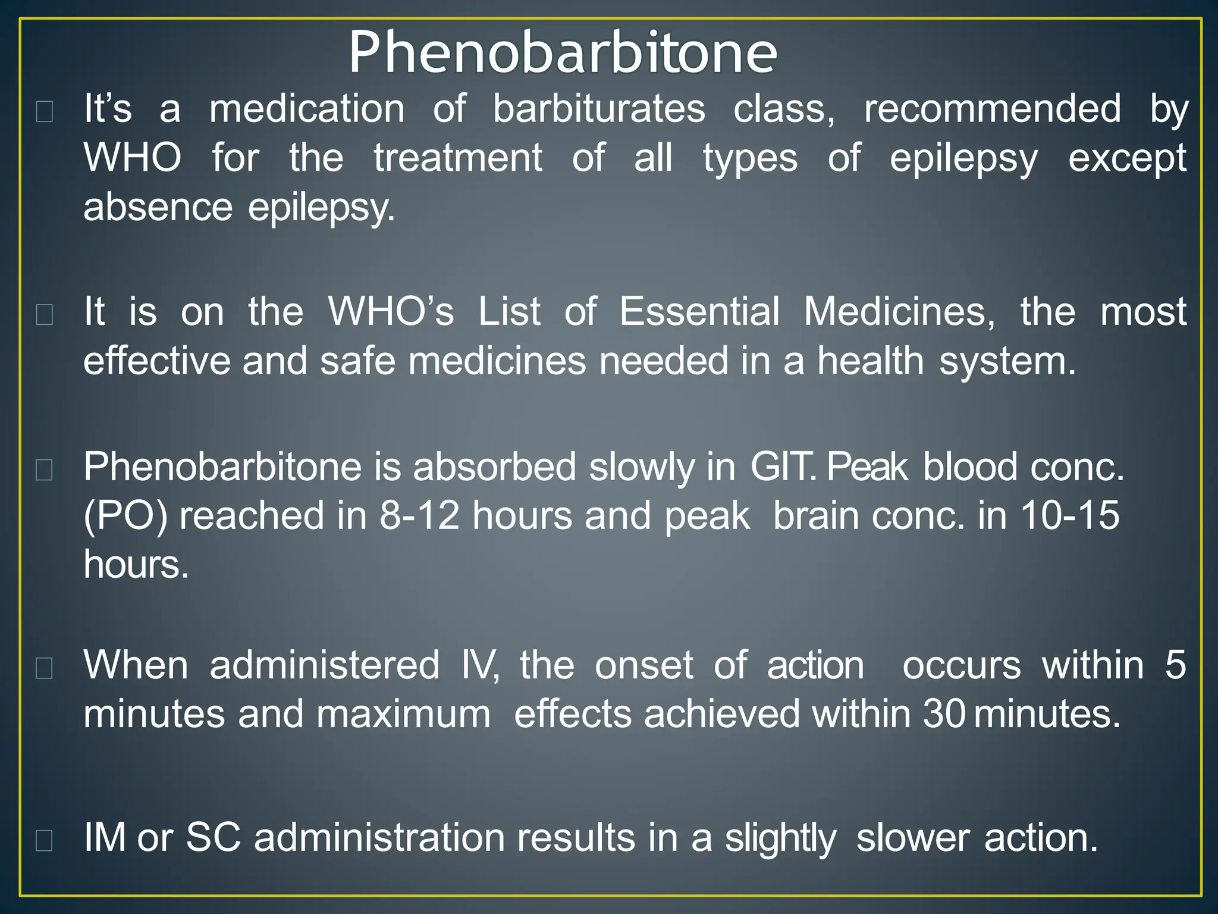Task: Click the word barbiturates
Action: (x=599, y=109)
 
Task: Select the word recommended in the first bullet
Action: (x=992, y=109)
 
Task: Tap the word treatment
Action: (x=457, y=158)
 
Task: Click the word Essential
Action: (x=699, y=312)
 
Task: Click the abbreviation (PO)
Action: (x=125, y=517)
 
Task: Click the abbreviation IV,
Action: (x=480, y=665)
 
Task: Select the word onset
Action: (x=643, y=665)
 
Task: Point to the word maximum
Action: (x=403, y=714)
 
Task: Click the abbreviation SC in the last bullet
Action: (x=213, y=838)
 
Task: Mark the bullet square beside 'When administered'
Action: (x=45, y=669)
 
